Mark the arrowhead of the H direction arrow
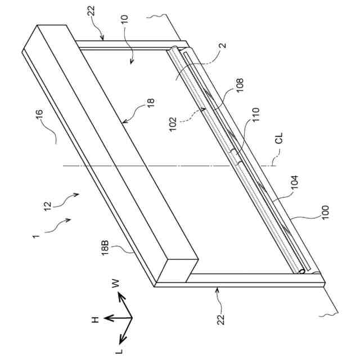tap(106, 318)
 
